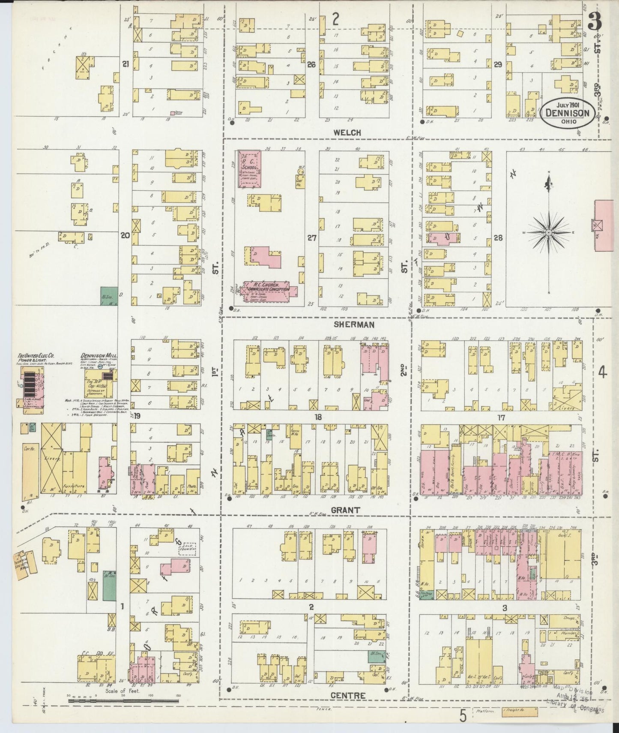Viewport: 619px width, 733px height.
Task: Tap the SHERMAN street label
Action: coord(359,324)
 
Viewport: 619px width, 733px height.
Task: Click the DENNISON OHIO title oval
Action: coord(567,113)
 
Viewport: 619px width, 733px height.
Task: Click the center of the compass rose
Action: coord(548,233)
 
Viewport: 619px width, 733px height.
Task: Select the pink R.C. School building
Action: coord(249,168)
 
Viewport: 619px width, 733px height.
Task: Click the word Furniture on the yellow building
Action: coord(72,487)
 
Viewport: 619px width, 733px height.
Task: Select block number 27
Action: coord(311,238)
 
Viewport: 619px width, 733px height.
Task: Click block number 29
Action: coord(497,65)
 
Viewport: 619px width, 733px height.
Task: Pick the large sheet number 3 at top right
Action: coord(594,21)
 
